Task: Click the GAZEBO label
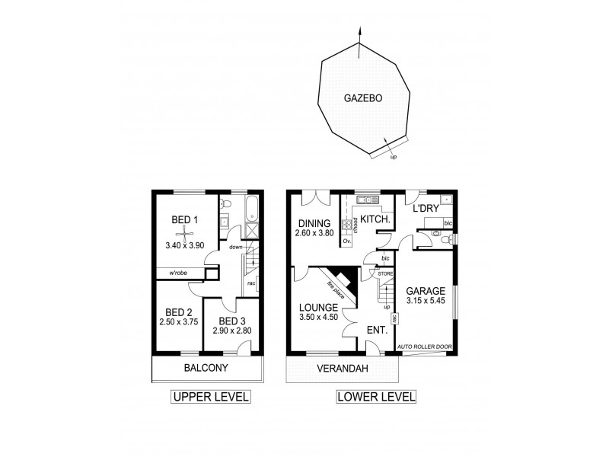(x=362, y=98)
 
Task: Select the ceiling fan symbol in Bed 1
(x=185, y=235)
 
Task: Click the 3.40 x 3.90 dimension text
(x=185, y=246)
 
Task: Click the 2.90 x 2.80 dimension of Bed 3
(x=231, y=332)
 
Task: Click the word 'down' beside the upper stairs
(x=235, y=247)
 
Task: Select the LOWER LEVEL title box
(x=375, y=397)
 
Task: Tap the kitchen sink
(x=368, y=201)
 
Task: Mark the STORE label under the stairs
(x=386, y=272)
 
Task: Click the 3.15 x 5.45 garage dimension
(x=426, y=301)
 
